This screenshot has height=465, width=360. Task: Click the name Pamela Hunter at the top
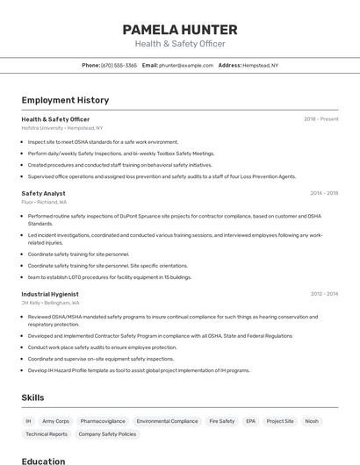[x=180, y=30]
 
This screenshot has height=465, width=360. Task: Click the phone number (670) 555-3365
[x=119, y=65]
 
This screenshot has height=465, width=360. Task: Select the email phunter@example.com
[x=187, y=65]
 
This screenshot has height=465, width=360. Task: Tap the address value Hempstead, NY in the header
[x=261, y=65]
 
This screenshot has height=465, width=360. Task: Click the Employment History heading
[x=65, y=101]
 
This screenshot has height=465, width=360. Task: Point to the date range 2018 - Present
[x=320, y=118]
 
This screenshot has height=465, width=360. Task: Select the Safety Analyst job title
[x=43, y=193]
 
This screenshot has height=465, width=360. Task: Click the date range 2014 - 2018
[x=324, y=193]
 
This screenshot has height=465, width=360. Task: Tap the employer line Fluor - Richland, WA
[x=44, y=202]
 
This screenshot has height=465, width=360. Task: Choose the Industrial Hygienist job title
[x=50, y=294]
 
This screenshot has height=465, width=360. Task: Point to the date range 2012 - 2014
[x=324, y=294]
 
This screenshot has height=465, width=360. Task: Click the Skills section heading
[x=32, y=398]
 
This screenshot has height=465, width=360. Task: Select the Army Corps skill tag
[x=55, y=421]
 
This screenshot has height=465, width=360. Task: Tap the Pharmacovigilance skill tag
[x=103, y=421]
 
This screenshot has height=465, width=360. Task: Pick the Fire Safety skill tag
[x=222, y=421]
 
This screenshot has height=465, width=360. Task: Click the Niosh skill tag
[x=312, y=421]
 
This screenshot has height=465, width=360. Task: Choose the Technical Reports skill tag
[x=47, y=434]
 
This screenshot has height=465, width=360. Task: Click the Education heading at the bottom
[x=43, y=461]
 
